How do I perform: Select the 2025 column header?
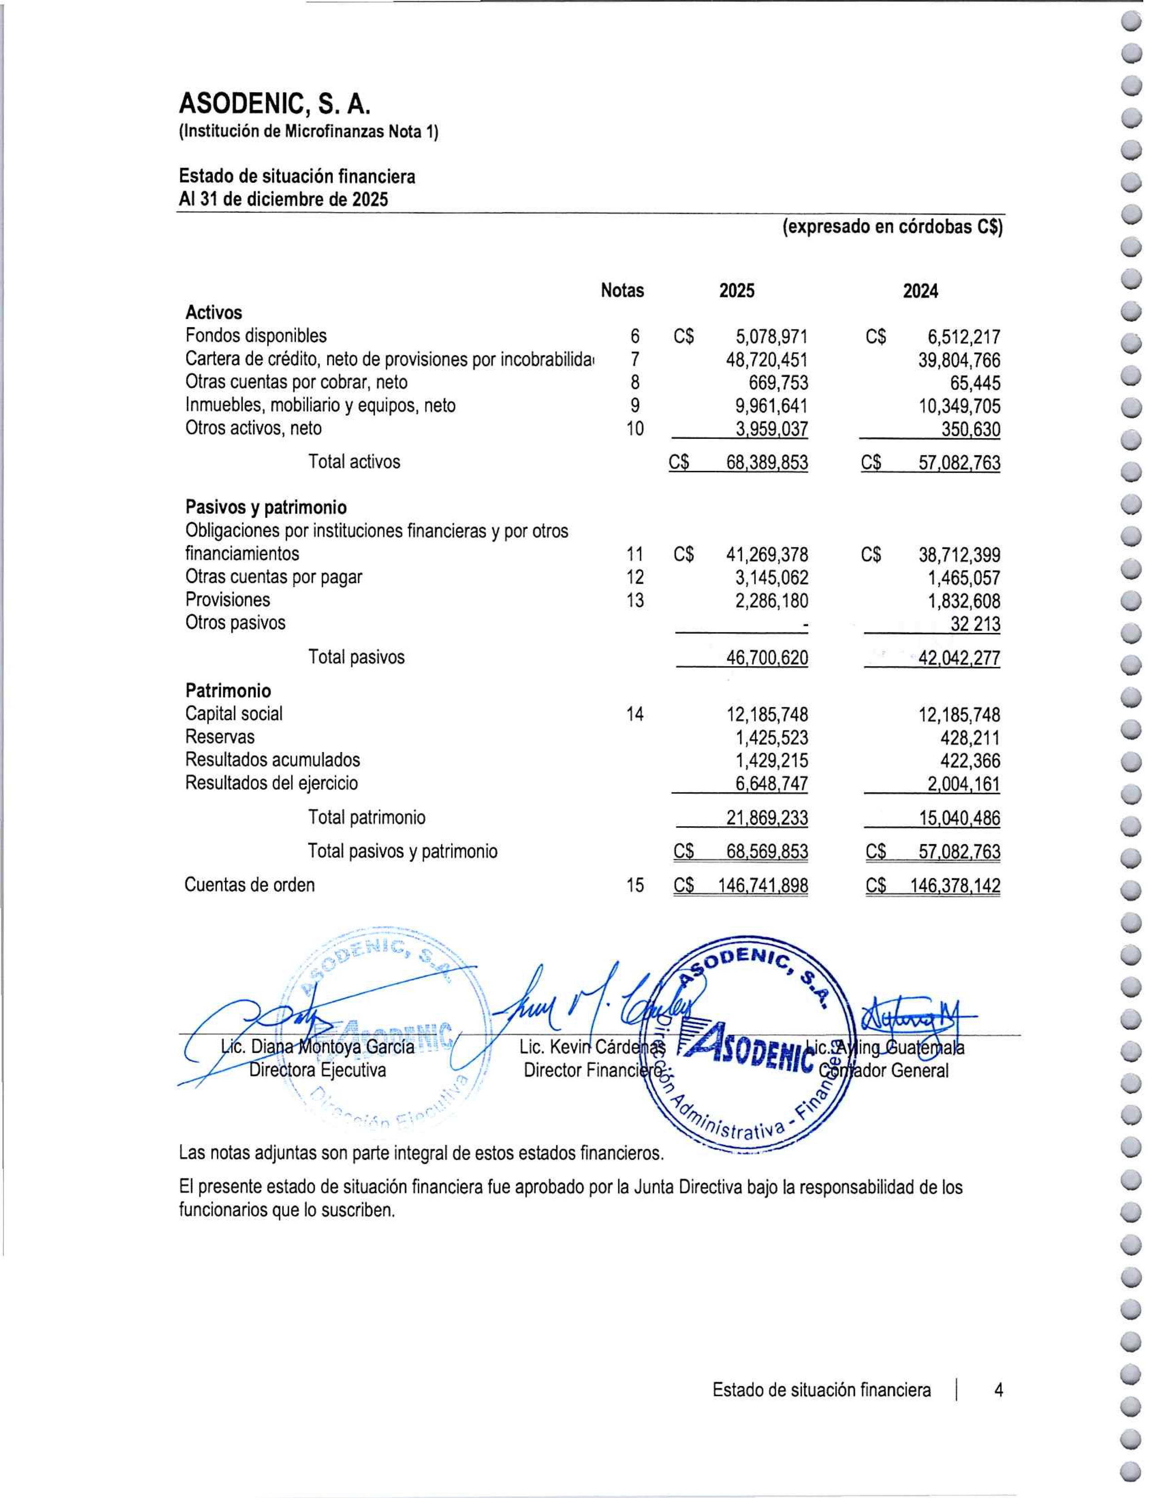coord(737,291)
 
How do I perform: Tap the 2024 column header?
coord(920,292)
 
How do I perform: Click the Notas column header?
coord(622,291)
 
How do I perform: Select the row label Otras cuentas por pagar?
coord(273,577)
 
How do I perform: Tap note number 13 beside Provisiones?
coord(635,600)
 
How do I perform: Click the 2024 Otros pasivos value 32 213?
coord(975,624)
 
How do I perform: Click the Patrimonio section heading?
coord(228,690)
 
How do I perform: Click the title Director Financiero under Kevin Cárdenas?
coord(592,1070)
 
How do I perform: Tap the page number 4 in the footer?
coord(999,1390)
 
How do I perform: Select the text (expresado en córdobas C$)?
coord(892,227)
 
